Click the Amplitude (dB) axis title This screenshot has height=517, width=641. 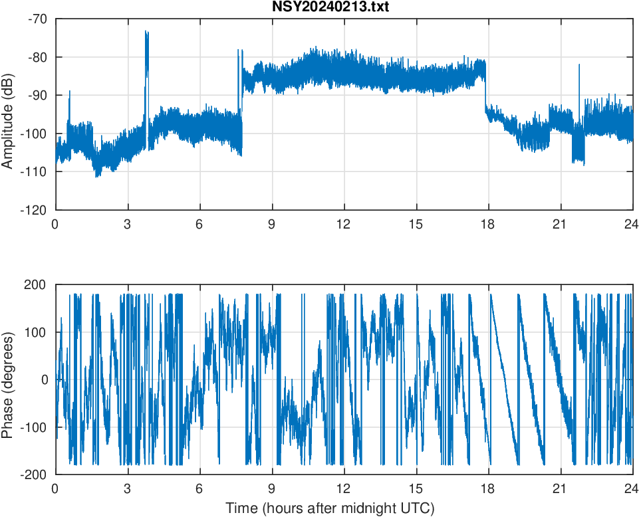click(x=8, y=115)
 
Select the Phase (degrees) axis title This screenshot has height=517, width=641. click(x=8, y=380)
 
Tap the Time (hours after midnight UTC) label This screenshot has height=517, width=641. click(x=330, y=509)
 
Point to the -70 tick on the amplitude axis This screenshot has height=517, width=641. click(x=37, y=19)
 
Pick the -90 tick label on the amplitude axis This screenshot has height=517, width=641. click(x=37, y=96)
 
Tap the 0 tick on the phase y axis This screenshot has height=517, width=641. click(x=45, y=380)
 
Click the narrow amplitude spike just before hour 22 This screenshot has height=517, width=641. click(x=578, y=65)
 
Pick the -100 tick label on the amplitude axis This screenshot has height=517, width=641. click(x=35, y=134)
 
